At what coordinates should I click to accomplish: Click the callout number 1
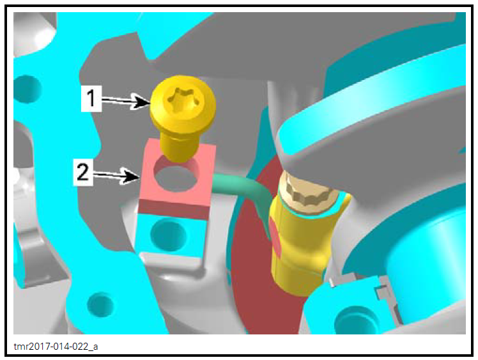point(91,98)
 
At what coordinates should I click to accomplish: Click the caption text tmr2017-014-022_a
point(56,347)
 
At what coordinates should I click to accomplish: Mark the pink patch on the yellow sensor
point(275,233)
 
